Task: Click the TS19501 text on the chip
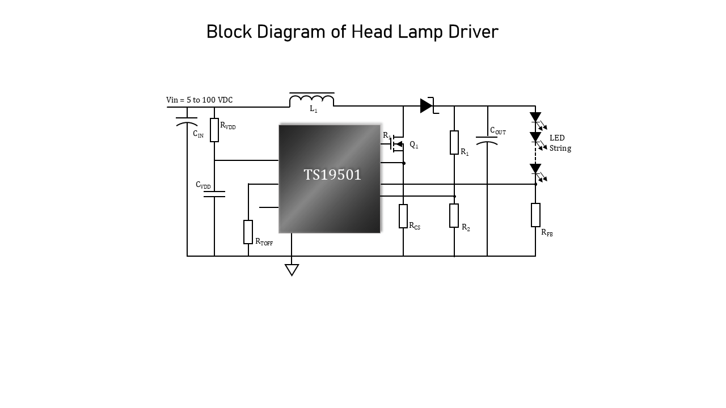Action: click(332, 175)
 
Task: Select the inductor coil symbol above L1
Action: click(311, 100)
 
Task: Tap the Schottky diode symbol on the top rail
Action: click(427, 106)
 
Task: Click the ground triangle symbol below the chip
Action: click(292, 270)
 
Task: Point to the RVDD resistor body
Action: click(214, 130)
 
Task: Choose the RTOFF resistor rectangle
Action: click(248, 232)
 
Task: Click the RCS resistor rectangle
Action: click(403, 216)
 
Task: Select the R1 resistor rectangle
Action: click(454, 142)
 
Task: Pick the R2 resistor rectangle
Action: click(454, 215)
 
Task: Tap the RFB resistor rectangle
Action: click(535, 215)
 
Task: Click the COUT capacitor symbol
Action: click(487, 140)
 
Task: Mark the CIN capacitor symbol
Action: click(187, 121)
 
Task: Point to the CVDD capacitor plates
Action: click(214, 194)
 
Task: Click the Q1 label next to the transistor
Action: click(414, 146)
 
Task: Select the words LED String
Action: click(560, 143)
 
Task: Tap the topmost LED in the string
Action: click(535, 117)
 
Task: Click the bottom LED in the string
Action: click(535, 169)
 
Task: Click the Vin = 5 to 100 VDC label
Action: click(199, 100)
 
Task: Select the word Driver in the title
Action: click(473, 32)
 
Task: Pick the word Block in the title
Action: click(230, 32)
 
